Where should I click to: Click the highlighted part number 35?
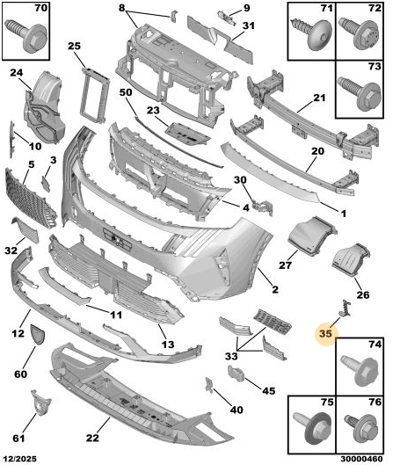(325, 333)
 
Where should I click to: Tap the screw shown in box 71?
(310, 33)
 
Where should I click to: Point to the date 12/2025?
(20, 459)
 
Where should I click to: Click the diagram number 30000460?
(362, 459)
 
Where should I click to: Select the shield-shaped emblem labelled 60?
(37, 334)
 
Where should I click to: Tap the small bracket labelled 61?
(40, 403)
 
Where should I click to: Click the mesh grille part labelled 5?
(30, 198)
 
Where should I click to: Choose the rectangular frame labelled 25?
(95, 95)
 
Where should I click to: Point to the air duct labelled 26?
(351, 260)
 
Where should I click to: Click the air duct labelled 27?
(312, 236)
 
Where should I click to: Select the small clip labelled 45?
(236, 374)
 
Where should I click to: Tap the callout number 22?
(92, 438)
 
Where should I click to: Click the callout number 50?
(126, 92)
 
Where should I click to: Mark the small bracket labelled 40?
(209, 385)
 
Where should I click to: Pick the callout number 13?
(168, 344)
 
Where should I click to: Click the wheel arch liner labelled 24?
(44, 107)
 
